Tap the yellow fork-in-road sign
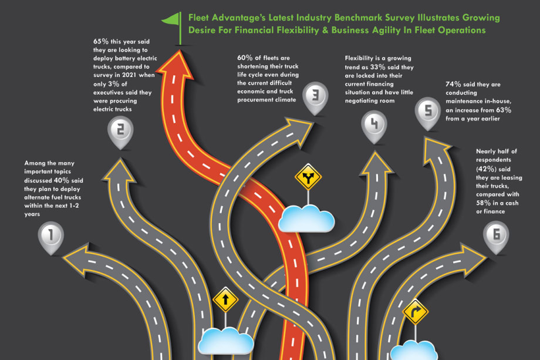(x=308, y=177)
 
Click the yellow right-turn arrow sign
(x=416, y=312)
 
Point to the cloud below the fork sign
(x=306, y=219)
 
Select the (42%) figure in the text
(x=489, y=168)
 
